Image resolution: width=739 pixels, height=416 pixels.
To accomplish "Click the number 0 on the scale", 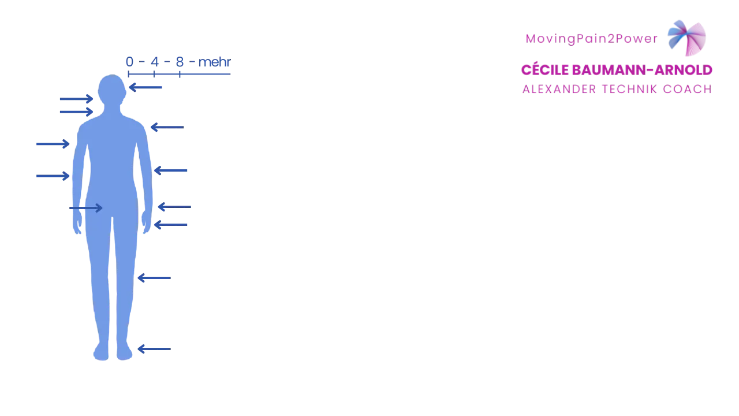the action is pos(129,62).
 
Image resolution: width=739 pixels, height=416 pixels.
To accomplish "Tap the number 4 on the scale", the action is pos(155,62).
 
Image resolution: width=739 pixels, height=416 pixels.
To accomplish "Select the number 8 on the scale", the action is pos(180,62).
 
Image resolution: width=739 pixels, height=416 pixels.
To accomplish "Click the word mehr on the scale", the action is pos(214,62).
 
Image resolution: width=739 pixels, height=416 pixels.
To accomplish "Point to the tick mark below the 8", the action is pos(180,75).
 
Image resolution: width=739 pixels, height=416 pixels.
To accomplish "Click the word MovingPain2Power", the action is pos(592,39).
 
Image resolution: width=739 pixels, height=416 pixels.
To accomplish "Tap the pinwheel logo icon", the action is pos(687,38).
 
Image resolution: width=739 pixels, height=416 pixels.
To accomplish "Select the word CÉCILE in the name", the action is pos(545,70).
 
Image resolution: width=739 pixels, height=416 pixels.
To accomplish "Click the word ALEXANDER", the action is pos(559,89).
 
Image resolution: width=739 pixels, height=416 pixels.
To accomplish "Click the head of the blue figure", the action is pos(112,90).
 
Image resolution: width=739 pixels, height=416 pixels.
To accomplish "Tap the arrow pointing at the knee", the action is pos(154,278).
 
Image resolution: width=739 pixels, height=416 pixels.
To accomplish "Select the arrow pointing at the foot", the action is pos(154,349).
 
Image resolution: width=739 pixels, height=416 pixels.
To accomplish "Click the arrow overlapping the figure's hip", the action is pos(86,208).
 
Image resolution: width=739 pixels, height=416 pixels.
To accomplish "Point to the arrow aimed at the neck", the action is pos(76,112).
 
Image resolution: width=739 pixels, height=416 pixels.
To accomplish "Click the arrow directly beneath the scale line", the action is pos(145,87).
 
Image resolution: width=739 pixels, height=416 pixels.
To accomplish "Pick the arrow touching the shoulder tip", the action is pos(167,127).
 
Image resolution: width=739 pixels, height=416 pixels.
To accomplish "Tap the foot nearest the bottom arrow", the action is pos(124,351).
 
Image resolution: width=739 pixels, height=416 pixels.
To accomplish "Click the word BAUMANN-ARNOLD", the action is pos(642,70).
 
